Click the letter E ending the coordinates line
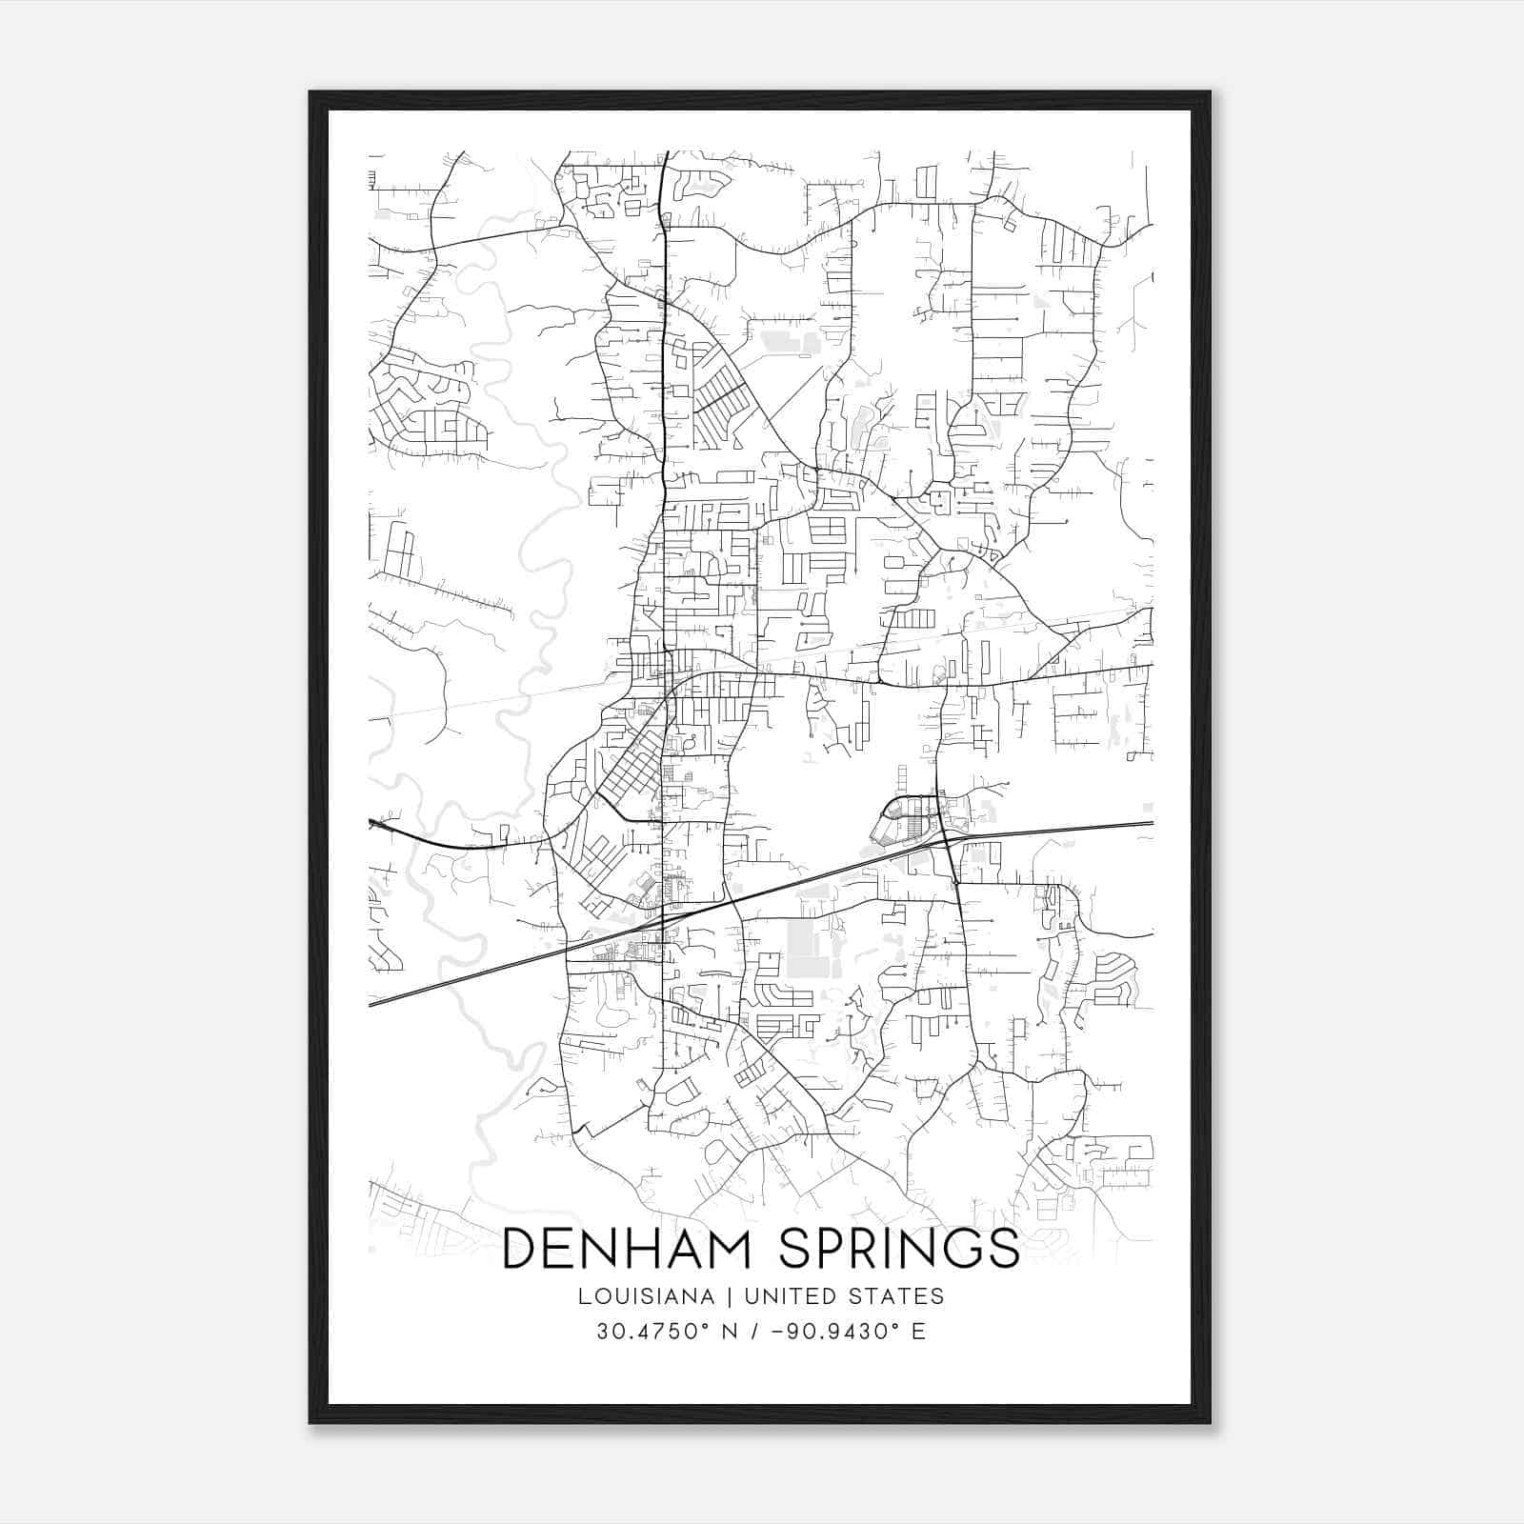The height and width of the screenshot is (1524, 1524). click(918, 1331)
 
